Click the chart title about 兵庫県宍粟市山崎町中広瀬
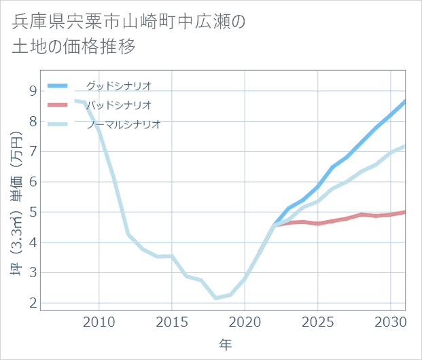pyautogui.click(x=129, y=34)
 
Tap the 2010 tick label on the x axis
pyautogui.click(x=99, y=321)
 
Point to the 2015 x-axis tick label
pyautogui.click(x=172, y=321)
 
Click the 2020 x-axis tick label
pyautogui.click(x=245, y=321)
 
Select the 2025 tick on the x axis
pyautogui.click(x=317, y=321)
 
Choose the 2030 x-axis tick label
pyautogui.click(x=390, y=321)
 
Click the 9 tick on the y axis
pyautogui.click(x=33, y=90)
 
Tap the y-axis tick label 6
pyautogui.click(x=33, y=182)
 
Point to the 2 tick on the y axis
pyautogui.click(x=33, y=304)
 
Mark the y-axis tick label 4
pyautogui.click(x=33, y=242)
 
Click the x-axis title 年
pyautogui.click(x=225, y=344)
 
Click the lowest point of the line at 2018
pyautogui.click(x=215, y=298)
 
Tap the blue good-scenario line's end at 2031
pyautogui.click(x=405, y=101)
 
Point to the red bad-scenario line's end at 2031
pyautogui.click(x=405, y=212)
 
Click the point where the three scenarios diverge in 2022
pyautogui.click(x=274, y=225)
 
